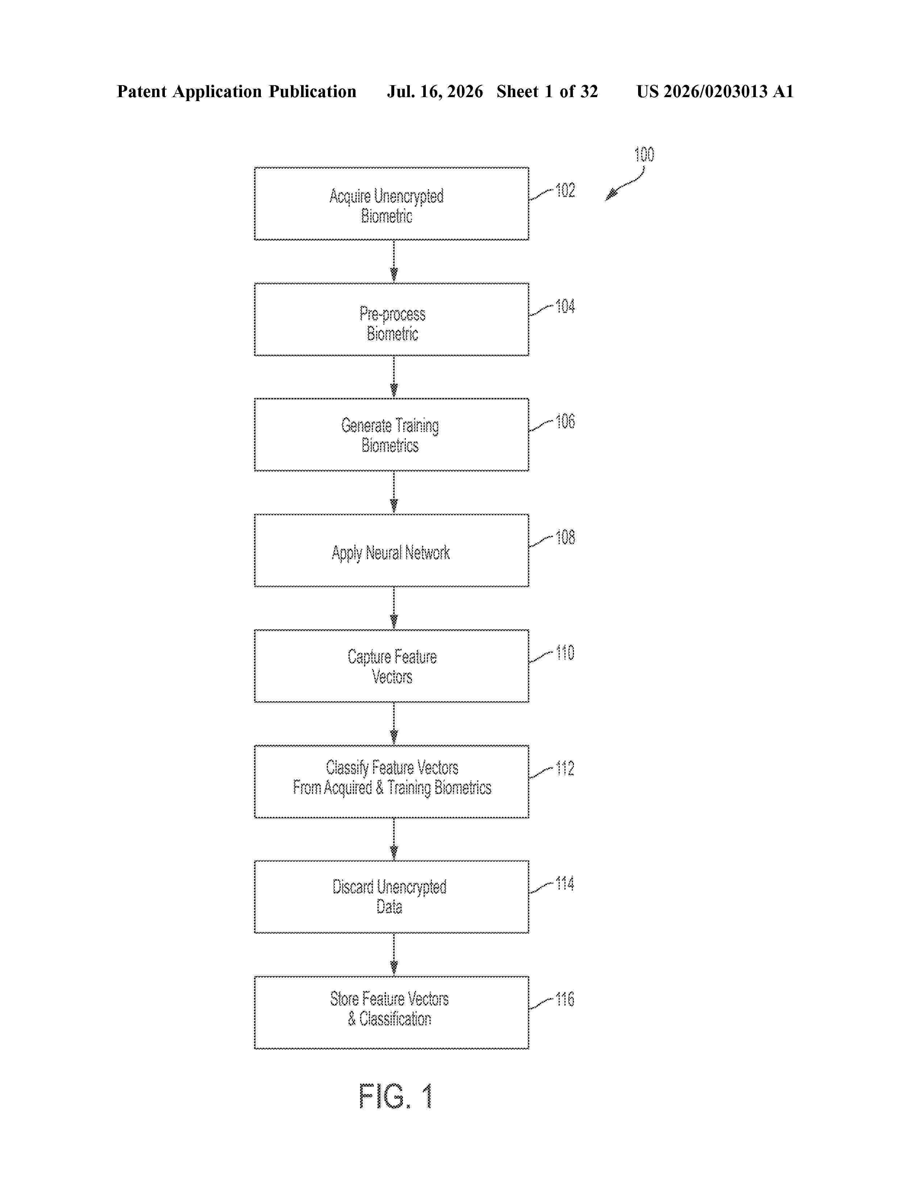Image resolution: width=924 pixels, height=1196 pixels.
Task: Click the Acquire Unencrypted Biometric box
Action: [391, 204]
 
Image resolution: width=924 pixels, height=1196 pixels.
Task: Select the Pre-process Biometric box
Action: [391, 319]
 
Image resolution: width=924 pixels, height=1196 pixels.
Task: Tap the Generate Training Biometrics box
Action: [391, 435]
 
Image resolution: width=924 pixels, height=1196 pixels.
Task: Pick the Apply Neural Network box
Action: [391, 551]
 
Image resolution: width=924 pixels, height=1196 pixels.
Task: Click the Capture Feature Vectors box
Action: [391, 666]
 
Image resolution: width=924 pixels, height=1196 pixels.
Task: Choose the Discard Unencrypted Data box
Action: [391, 897]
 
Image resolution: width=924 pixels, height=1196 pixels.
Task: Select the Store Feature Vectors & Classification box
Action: [391, 1013]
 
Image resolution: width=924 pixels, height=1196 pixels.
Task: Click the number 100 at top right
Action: [644, 154]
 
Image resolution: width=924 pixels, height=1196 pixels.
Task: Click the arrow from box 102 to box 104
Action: [394, 261]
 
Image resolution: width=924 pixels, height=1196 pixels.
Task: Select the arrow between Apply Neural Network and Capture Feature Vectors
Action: [394, 608]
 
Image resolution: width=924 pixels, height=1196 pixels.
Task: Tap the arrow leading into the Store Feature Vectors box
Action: [394, 955]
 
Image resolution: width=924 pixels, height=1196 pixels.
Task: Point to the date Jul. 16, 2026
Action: [435, 91]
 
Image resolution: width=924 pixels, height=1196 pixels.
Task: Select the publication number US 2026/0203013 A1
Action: [715, 91]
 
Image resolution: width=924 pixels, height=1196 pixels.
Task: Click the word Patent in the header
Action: [142, 91]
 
